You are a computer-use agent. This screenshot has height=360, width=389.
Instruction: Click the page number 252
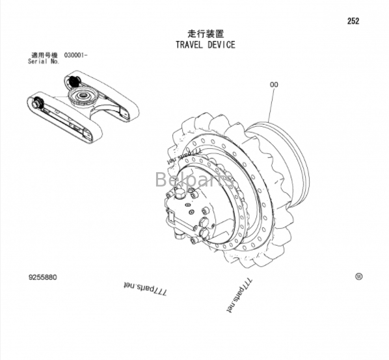click(x=353, y=21)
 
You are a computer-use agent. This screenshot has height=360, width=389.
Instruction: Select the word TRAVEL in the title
click(x=189, y=45)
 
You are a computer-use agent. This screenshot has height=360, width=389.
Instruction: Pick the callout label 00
click(x=274, y=84)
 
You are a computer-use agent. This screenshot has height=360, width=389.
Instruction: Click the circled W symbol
click(x=358, y=277)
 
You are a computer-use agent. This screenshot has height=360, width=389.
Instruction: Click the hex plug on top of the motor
click(x=180, y=192)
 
